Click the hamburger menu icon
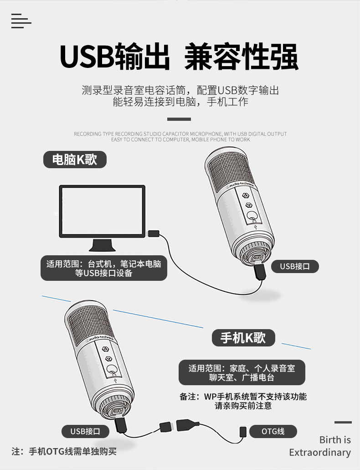click(x=21, y=21)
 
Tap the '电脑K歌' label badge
click(x=75, y=160)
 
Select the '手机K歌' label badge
click(x=243, y=338)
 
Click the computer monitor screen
click(x=102, y=211)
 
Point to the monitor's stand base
click(x=102, y=245)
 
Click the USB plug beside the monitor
click(x=154, y=233)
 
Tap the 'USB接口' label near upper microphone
click(x=295, y=266)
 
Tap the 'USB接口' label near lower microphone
click(x=85, y=431)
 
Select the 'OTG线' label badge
click(x=273, y=431)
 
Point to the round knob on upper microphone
click(x=252, y=216)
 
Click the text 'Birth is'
click(x=335, y=440)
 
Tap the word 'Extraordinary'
click(x=320, y=452)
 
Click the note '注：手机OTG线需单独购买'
click(x=64, y=451)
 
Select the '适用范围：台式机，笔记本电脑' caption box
click(x=104, y=268)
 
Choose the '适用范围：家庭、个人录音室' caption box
click(x=242, y=372)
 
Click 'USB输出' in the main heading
click(x=115, y=57)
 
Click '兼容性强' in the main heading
click(x=242, y=57)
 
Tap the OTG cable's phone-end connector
click(x=243, y=432)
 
